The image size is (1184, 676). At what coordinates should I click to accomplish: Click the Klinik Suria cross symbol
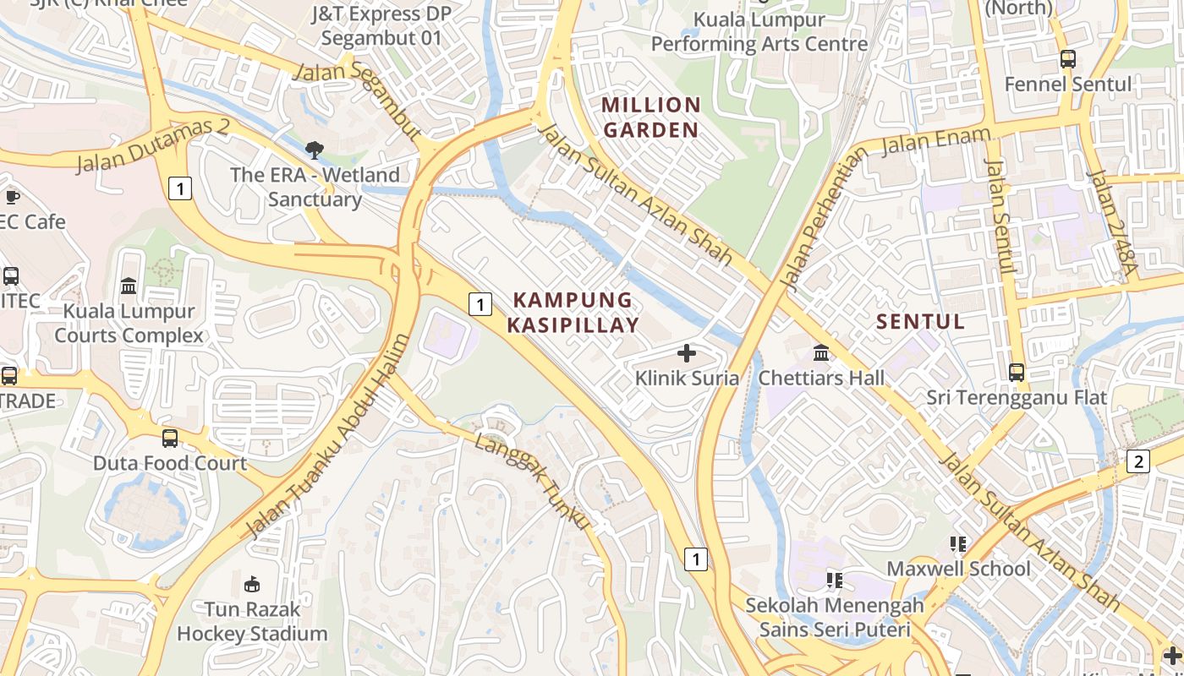[x=687, y=353]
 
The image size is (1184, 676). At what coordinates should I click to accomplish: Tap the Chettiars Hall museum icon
[x=820, y=353]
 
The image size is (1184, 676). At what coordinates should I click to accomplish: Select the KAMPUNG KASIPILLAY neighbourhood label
[x=573, y=312]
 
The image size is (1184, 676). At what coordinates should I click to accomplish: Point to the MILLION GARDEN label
[x=650, y=117]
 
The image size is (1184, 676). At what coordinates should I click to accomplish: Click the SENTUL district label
[x=920, y=322]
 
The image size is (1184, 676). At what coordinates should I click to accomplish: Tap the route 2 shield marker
[x=1138, y=461]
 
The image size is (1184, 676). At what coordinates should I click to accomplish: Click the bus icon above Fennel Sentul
[x=1067, y=59]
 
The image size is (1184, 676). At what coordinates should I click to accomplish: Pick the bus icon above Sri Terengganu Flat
[x=1016, y=372]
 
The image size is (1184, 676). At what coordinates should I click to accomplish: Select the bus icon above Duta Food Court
[x=170, y=438]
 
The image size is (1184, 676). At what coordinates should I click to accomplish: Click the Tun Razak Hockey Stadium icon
[x=251, y=584]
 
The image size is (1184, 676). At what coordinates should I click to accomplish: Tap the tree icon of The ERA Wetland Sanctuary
[x=315, y=150]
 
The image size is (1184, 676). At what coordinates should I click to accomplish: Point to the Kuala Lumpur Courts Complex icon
[x=129, y=286]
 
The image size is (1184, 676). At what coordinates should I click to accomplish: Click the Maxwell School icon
[x=958, y=543]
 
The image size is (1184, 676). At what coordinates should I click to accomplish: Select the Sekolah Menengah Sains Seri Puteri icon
[x=834, y=580]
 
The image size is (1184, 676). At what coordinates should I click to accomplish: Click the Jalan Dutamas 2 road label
[x=153, y=145]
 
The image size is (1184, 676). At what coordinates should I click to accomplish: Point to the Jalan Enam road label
[x=935, y=141]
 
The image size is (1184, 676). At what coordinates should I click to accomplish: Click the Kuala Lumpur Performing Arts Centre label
[x=759, y=31]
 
